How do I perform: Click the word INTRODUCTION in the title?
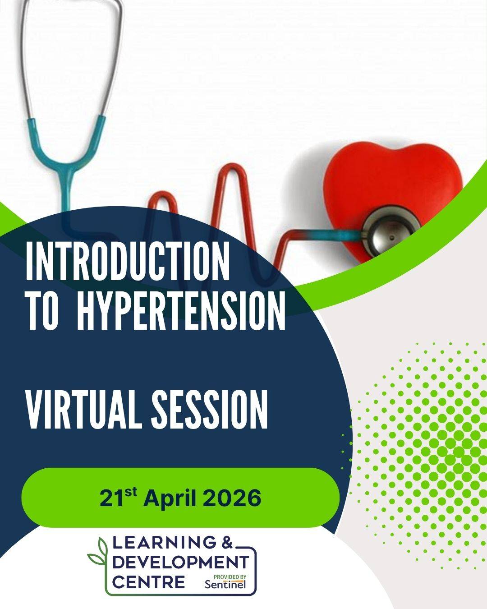click(127, 261)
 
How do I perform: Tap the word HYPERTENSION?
click(181, 310)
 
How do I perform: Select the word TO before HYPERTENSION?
click(42, 310)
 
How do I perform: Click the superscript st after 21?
click(131, 493)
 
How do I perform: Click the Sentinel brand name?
click(225, 584)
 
